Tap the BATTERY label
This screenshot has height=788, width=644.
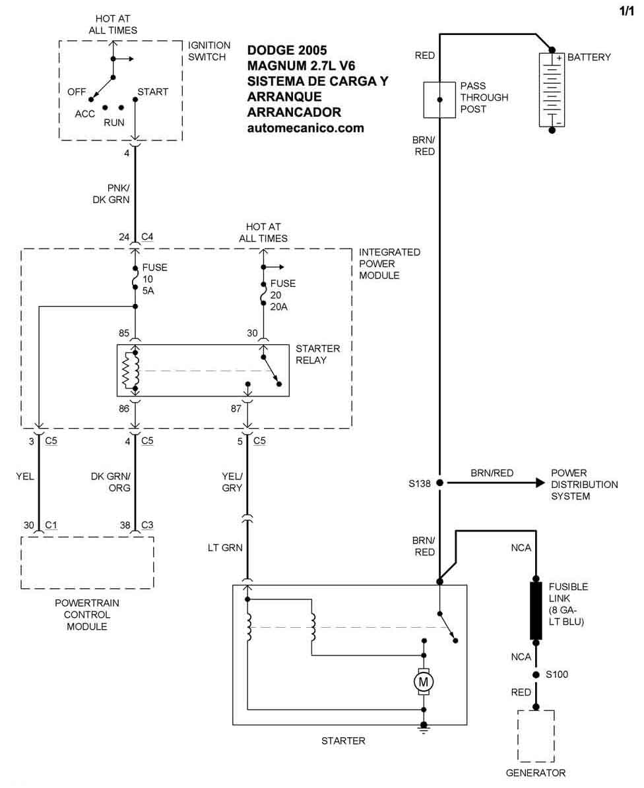pos(589,57)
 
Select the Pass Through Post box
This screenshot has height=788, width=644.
pos(439,100)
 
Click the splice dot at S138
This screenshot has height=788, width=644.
pos(439,483)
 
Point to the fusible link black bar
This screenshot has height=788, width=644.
pos(536,611)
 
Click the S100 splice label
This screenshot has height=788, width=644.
pos(557,675)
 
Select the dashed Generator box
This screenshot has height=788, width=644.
pos(536,736)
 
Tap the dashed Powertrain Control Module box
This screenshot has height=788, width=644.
pos(87,562)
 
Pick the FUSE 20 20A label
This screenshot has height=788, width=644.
pos(282,295)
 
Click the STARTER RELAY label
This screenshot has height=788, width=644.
pos(317,354)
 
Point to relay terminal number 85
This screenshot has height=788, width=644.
pos(123,334)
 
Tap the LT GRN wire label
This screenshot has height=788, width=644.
pos(226,548)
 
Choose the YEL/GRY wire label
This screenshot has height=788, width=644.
pos(232,482)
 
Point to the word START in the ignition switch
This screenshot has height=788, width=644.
pos(152,92)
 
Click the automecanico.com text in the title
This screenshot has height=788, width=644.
pos(306,128)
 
